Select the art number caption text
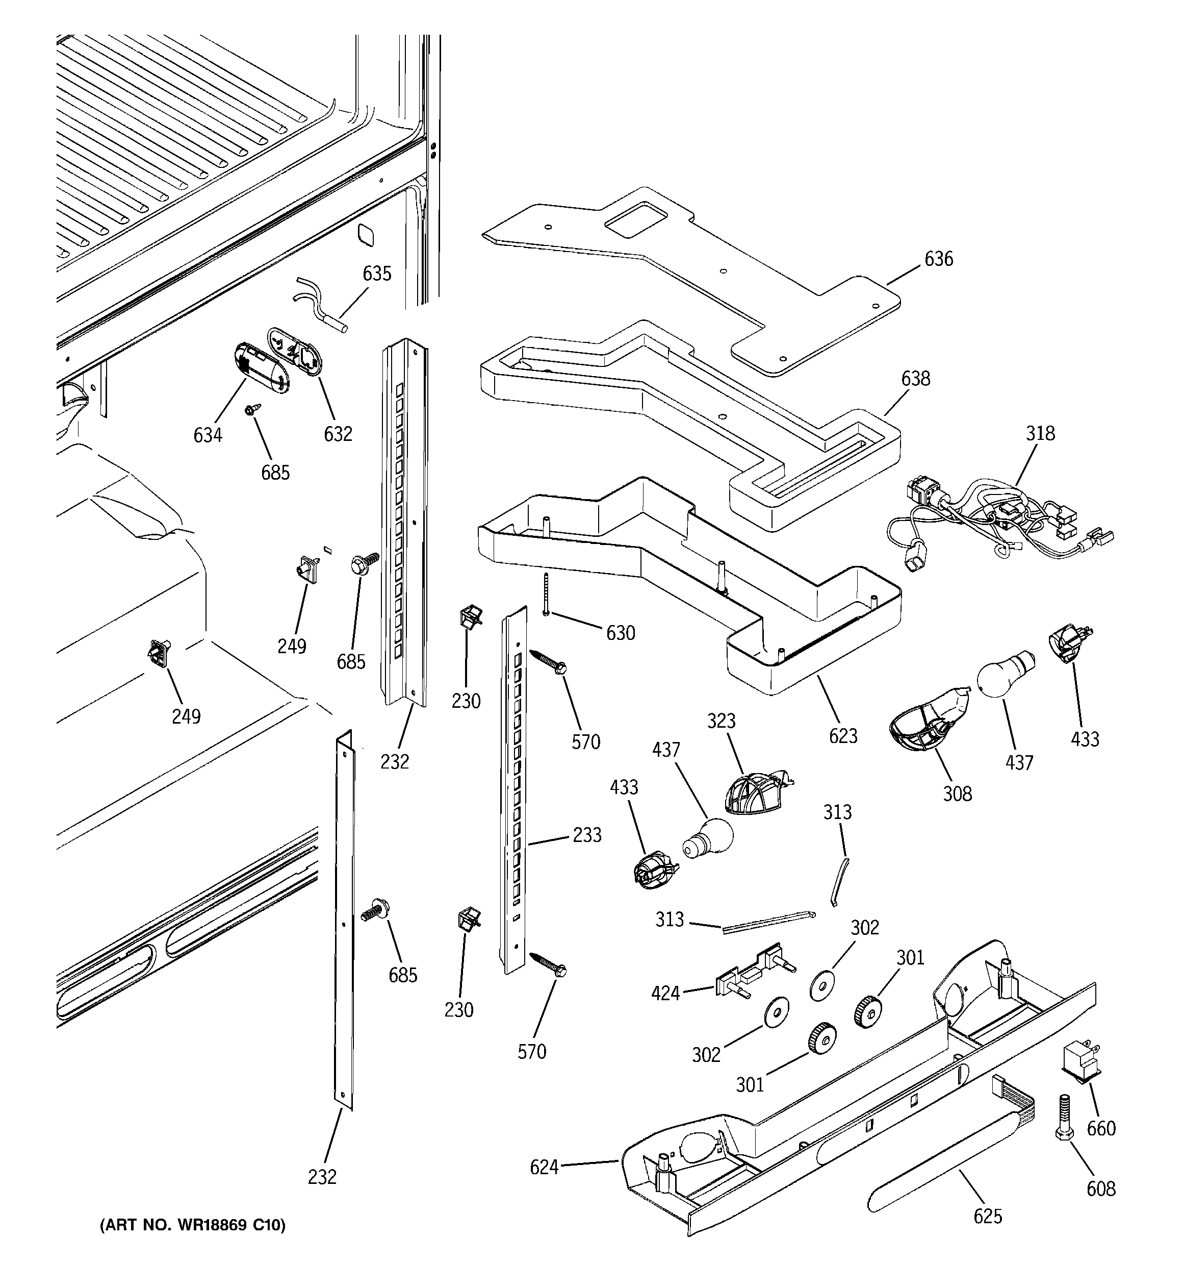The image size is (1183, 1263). [192, 1224]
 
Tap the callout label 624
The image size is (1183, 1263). [544, 1167]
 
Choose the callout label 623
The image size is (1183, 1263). [843, 736]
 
